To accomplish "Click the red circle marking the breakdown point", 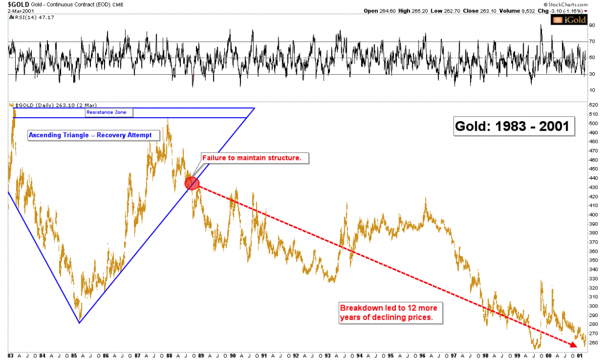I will click(x=192, y=183).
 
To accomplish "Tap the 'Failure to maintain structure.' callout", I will click(x=251, y=158).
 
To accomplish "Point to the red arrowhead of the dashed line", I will click(x=573, y=345).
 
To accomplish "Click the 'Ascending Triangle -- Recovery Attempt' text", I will click(x=90, y=135).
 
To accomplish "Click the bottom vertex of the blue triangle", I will click(x=80, y=323).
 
